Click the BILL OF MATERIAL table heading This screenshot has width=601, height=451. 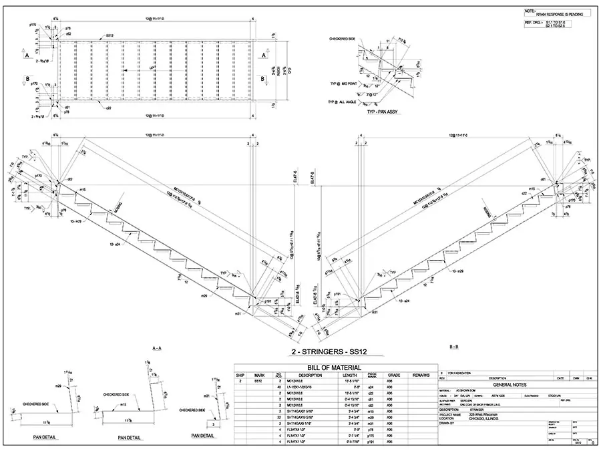tap(333, 367)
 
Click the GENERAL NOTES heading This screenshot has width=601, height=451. tap(510, 385)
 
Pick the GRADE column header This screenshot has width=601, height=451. tap(394, 375)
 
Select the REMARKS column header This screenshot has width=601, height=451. tap(420, 375)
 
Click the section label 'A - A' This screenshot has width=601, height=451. tap(158, 348)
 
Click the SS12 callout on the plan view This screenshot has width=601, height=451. tap(108, 35)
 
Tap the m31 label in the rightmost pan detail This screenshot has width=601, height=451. tap(208, 396)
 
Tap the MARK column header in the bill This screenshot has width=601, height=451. tap(259, 375)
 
